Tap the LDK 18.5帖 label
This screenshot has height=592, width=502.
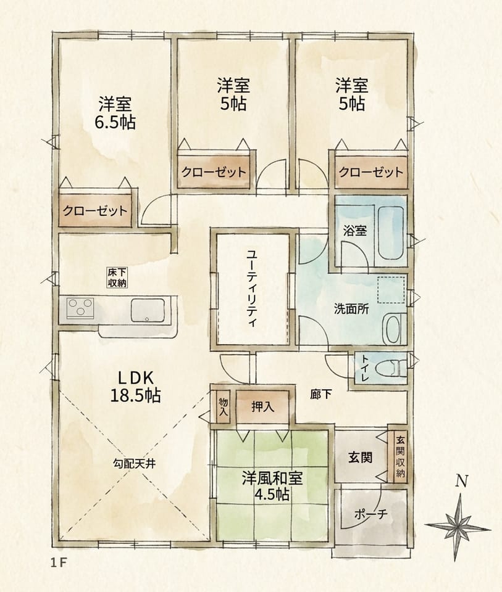(x=135, y=387)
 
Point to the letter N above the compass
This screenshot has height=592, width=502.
(x=460, y=481)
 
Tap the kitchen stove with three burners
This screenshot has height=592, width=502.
(x=80, y=308)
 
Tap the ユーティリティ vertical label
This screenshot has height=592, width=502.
(x=251, y=288)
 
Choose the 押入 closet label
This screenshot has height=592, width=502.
(x=262, y=407)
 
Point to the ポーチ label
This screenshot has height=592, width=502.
(x=370, y=516)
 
